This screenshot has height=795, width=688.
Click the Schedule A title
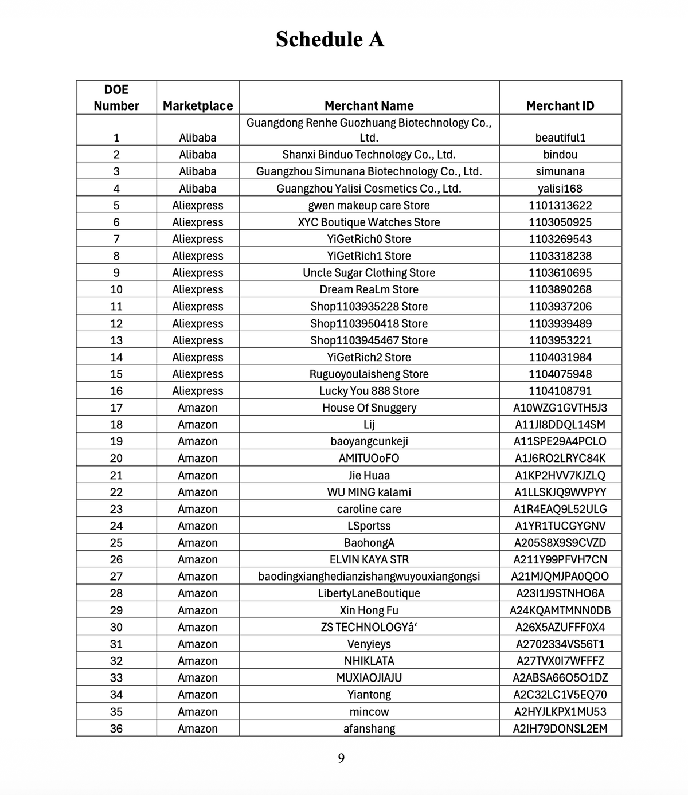pos(330,39)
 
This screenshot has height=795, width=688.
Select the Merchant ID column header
pos(560,106)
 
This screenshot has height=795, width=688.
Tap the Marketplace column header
pos(198,106)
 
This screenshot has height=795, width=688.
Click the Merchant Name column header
pos(369,106)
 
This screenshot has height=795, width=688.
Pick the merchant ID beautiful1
pos(560,138)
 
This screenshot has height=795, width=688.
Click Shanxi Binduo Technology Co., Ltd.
pos(369,155)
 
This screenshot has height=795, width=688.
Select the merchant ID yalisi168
pos(560,189)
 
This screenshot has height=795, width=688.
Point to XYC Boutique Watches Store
pos(369,222)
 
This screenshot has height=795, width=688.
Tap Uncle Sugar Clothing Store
pos(369,273)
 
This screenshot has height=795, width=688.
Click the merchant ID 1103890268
pos(560,289)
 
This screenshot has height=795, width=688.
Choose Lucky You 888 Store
pos(369,391)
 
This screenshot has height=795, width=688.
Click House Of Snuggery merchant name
pos(369,408)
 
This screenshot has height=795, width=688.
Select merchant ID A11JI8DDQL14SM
pos(560,425)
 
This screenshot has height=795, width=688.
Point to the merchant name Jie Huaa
pos(369,475)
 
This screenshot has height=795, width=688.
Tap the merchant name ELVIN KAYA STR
pos(369,559)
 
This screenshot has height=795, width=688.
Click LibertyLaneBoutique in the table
pos(369,593)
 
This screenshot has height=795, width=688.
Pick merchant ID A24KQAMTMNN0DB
pos(560,610)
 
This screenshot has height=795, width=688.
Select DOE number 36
pos(116,729)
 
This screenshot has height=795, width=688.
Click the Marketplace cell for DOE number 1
pos(198,138)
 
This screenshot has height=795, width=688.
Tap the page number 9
pos(341,759)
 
